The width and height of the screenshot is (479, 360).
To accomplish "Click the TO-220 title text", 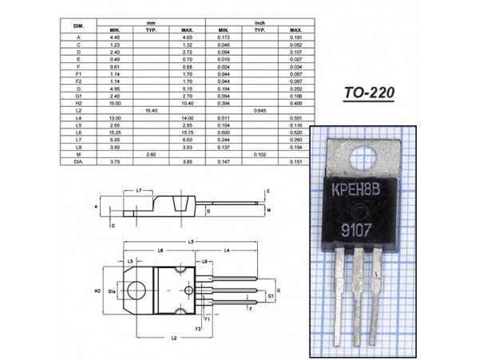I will (x=370, y=93).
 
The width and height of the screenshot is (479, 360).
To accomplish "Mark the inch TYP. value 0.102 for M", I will (x=259, y=153).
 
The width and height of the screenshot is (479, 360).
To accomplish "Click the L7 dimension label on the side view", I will (x=139, y=191).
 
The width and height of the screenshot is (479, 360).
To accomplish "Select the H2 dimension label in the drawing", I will (x=97, y=291).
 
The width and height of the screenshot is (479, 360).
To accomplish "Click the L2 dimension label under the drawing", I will (x=173, y=338).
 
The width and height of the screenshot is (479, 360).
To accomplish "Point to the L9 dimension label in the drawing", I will (x=206, y=261).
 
